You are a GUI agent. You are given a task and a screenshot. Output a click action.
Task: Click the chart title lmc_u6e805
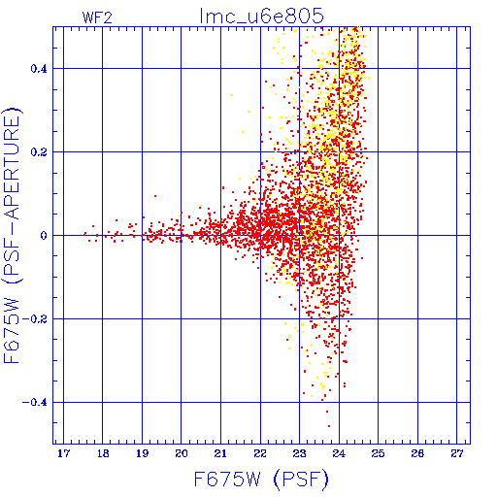261,17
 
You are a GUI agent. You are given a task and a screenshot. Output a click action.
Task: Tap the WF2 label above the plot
97,17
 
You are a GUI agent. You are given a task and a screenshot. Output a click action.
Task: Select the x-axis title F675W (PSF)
261,480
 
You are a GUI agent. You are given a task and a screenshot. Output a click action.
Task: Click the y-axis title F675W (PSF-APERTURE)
13,235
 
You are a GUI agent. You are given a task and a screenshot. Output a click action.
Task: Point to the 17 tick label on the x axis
63,454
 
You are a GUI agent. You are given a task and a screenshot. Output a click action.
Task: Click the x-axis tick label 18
103,454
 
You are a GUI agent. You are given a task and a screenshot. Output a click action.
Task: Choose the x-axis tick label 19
142,454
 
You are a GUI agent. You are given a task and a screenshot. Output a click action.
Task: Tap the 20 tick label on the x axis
182,454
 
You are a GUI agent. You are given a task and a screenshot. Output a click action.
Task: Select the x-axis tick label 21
220,454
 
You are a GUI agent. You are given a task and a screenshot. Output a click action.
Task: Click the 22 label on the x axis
260,454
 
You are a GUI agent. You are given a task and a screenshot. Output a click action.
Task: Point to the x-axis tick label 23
299,454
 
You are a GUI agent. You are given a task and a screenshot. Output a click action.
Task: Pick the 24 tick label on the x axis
339,454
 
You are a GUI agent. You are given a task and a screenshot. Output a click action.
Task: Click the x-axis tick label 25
378,454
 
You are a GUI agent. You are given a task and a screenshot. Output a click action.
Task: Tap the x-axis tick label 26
417,454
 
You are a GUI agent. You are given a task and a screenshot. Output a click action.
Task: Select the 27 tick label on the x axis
457,454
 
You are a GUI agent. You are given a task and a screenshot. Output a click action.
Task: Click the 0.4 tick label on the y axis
39,69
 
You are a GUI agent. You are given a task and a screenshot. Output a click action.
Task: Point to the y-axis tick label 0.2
39,152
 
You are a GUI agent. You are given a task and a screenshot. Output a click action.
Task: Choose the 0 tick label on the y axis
44,236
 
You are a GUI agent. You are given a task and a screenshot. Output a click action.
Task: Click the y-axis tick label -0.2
34,319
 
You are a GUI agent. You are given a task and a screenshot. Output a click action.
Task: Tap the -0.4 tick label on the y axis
34,403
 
